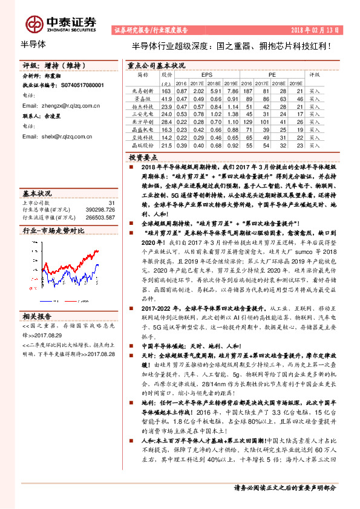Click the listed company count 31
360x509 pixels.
pos(111,203)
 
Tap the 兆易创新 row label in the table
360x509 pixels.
pos(143,90)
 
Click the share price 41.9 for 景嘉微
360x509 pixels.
pos(167,98)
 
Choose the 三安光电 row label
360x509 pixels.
pos(143,114)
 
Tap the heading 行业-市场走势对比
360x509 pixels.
pos(53,231)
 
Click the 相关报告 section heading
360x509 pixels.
pos(38,316)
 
